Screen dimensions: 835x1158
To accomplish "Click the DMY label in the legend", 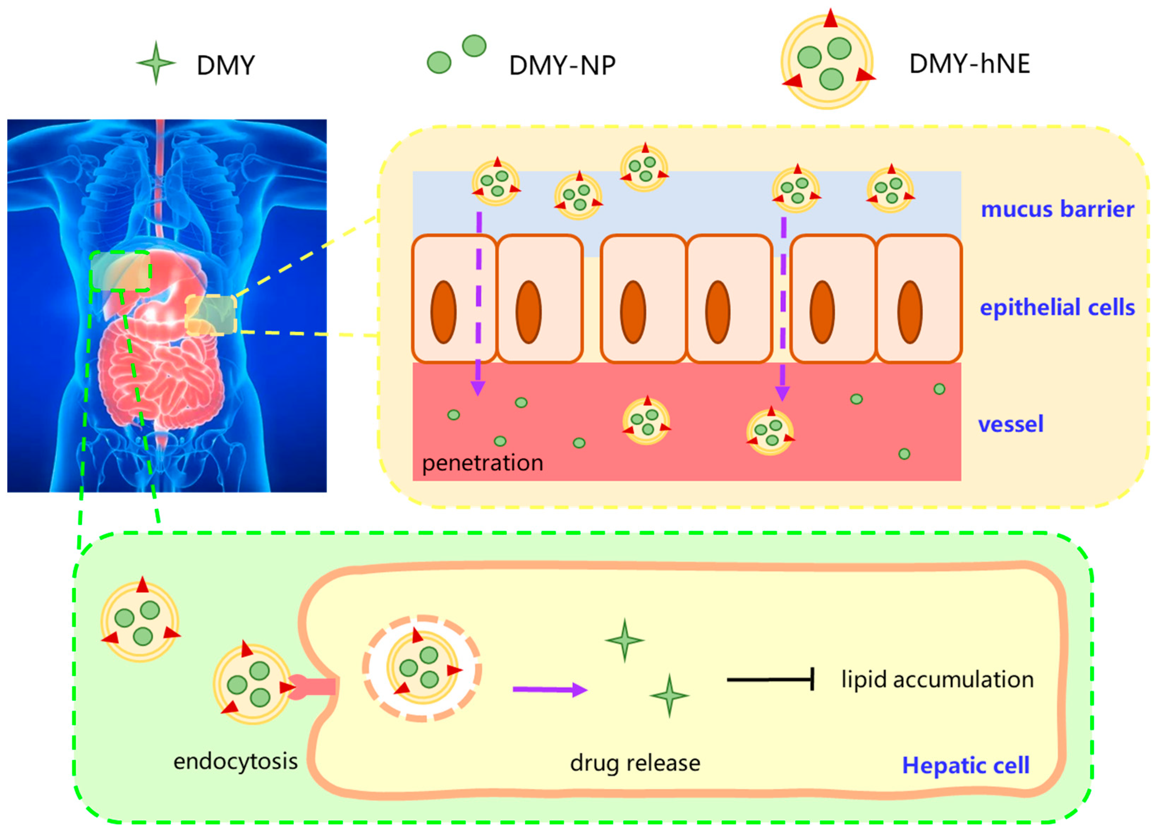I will (226, 65).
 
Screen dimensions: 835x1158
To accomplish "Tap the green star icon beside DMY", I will (156, 63).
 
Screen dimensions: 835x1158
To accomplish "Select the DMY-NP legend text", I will (562, 65).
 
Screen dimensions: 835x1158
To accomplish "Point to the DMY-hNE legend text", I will (970, 64).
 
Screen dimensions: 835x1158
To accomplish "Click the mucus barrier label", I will (1057, 209).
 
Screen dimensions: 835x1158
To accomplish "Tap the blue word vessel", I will (1011, 424).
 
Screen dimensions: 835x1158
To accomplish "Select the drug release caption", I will (635, 763).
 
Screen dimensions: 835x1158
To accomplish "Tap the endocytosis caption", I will (236, 761).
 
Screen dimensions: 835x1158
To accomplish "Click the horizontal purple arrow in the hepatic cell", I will (549, 689).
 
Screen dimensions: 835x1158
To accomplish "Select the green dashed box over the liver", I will (121, 271).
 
